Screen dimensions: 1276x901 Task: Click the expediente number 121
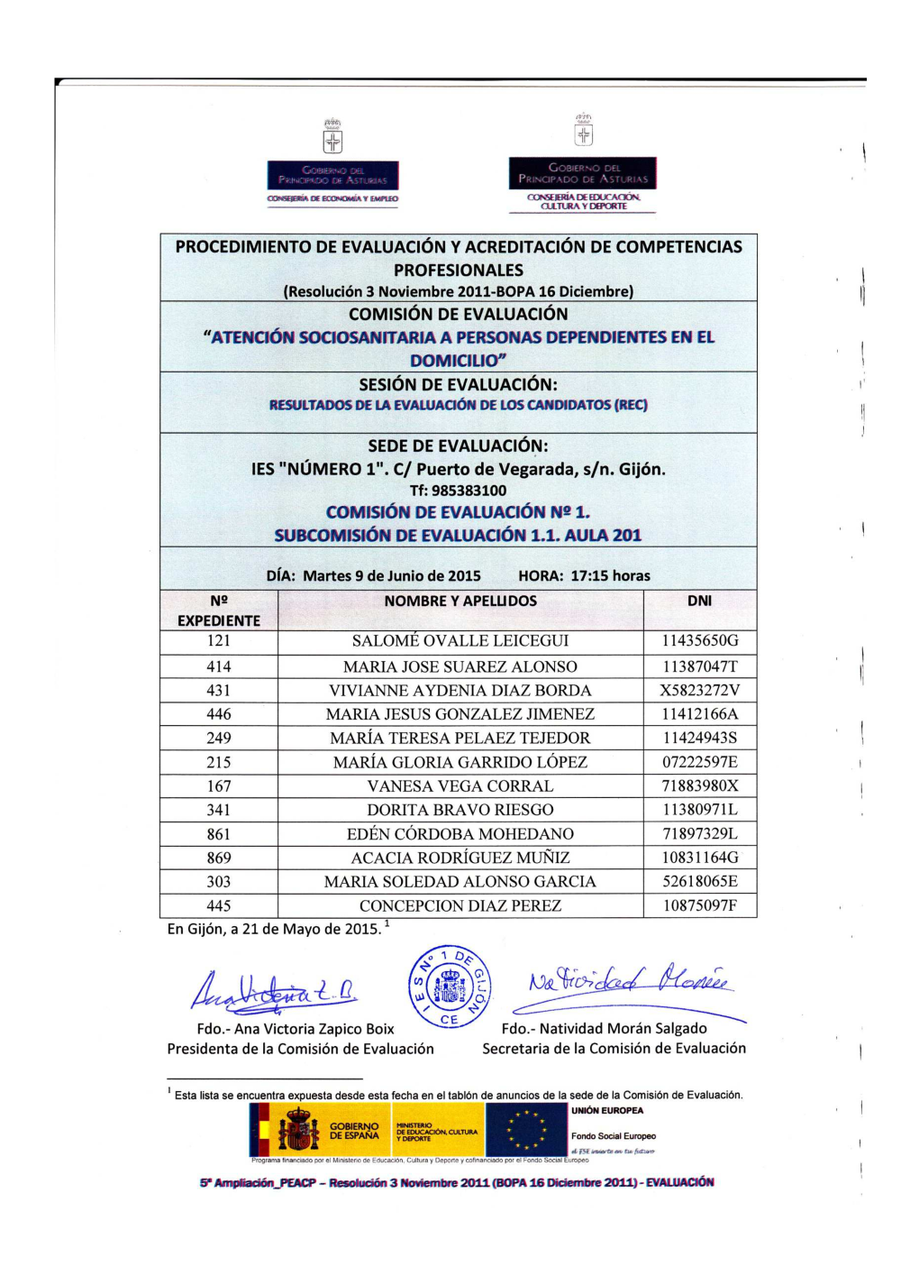pos(219,641)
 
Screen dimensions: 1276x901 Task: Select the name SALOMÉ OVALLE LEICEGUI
pos(460,641)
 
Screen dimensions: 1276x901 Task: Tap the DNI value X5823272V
pos(700,691)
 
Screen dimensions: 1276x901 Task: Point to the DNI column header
pos(700,601)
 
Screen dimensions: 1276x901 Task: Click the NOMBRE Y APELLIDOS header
pos(460,601)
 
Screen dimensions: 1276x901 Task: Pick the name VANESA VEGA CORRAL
pos(460,786)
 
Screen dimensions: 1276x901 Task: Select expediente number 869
pos(219,858)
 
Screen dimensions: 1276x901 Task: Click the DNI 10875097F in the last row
pos(700,905)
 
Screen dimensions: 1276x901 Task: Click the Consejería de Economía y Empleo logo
pos(332,167)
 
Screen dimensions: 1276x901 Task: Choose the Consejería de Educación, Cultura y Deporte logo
pos(583,167)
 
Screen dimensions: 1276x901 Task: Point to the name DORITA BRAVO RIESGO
pos(460,810)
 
